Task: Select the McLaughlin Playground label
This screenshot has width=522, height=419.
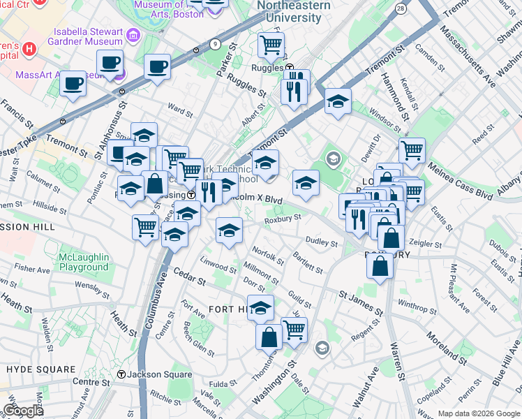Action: click(83, 262)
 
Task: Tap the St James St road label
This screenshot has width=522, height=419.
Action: click(361, 303)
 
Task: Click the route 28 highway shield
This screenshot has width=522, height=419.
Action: click(400, 8)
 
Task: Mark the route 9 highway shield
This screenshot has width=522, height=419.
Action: click(215, 44)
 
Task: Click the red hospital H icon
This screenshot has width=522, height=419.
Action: click(29, 49)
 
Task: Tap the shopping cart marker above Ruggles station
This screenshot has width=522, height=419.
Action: click(271, 45)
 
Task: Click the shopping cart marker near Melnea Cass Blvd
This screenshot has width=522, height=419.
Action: click(412, 149)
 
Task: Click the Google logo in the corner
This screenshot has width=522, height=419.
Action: click(22, 411)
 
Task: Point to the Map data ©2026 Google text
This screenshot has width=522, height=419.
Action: click(479, 413)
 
